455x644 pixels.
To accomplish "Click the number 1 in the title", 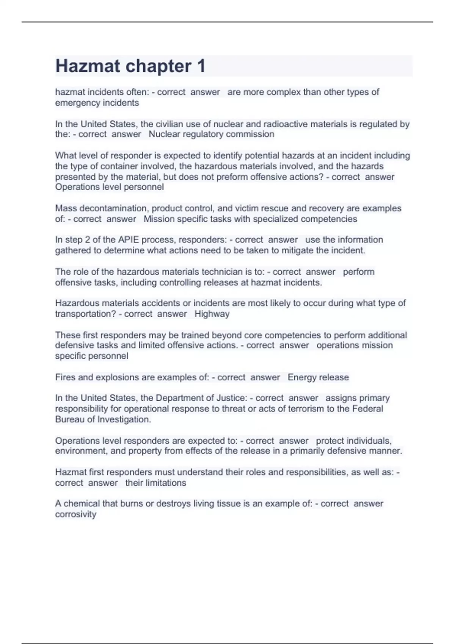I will [x=201, y=66].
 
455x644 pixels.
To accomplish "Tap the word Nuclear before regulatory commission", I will [x=164, y=134].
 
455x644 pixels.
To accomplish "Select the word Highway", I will [x=212, y=314].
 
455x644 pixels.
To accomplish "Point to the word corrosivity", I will [x=75, y=514].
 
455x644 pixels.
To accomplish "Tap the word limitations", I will [x=166, y=483].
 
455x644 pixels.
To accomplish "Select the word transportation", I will [x=83, y=314].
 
